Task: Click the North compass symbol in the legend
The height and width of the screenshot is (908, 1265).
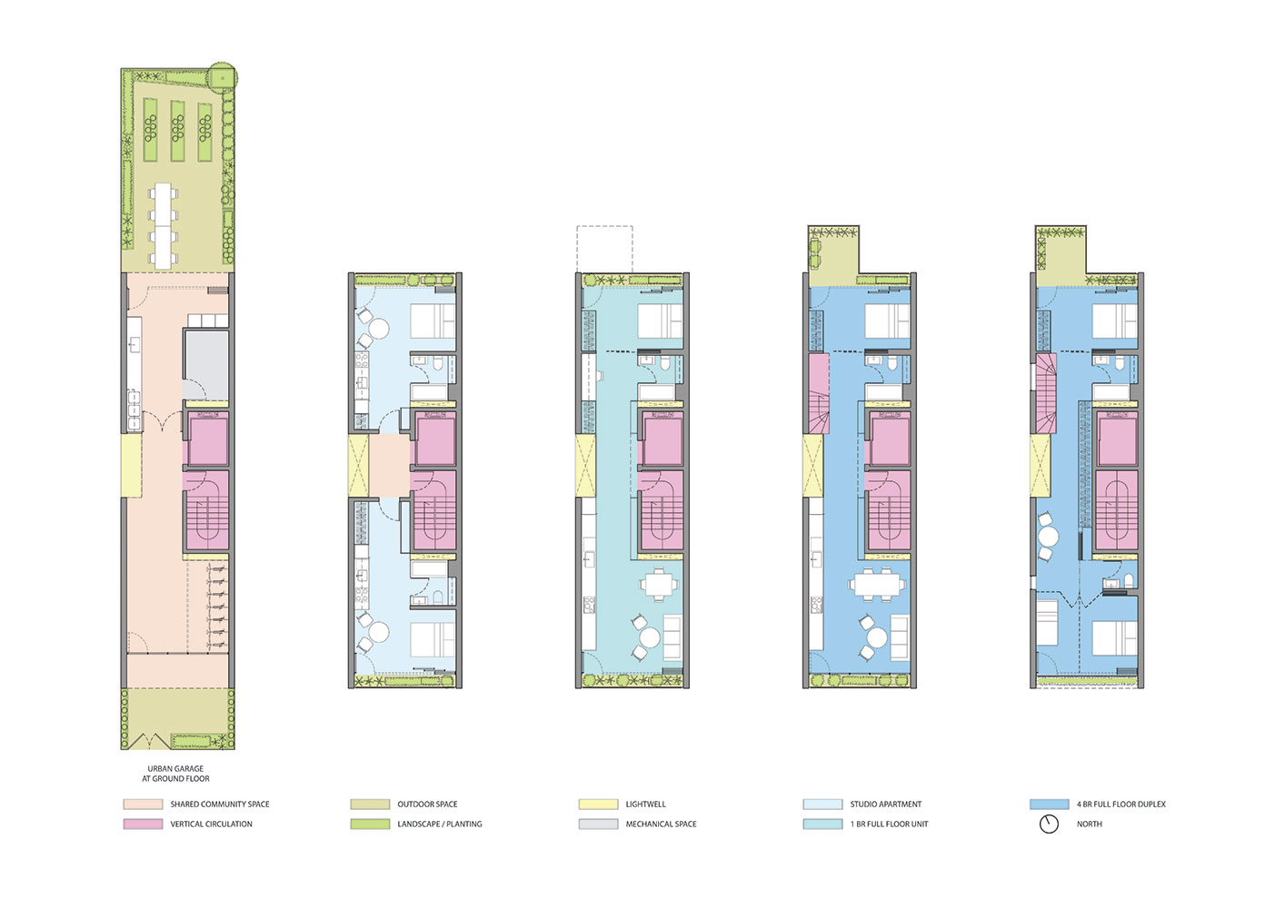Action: (1049, 824)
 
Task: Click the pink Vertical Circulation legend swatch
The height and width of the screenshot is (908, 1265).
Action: (143, 824)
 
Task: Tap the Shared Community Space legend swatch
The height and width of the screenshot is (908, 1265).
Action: (143, 804)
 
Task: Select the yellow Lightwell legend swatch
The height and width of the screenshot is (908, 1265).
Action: (598, 804)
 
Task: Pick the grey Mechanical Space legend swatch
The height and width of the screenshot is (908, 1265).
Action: (598, 824)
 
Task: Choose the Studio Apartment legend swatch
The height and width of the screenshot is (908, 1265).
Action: (822, 804)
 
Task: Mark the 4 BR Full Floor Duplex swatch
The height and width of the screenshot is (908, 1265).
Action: (1049, 804)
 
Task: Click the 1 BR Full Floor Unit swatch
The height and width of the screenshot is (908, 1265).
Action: (822, 824)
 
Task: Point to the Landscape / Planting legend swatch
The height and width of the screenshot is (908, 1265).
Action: (370, 824)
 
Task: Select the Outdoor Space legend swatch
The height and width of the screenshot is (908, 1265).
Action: (370, 804)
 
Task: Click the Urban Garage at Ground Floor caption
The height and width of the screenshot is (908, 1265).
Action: (175, 774)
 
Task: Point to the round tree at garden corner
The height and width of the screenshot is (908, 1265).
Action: (222, 76)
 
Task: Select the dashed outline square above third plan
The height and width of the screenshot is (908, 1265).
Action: (604, 248)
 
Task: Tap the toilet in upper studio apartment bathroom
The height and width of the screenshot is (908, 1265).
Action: (438, 365)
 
